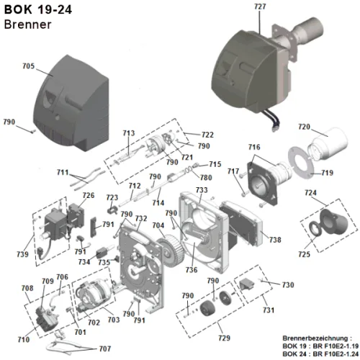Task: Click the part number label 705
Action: (x=29, y=66)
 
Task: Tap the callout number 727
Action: (x=260, y=6)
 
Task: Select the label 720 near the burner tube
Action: (x=304, y=127)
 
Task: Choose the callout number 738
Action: (x=275, y=240)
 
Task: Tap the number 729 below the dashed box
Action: (x=224, y=338)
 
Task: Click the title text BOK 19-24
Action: (x=38, y=9)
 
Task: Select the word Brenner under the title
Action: (x=27, y=24)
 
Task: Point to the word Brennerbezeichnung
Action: (x=315, y=338)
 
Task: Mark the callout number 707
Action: (x=105, y=348)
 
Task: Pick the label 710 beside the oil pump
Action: (x=24, y=339)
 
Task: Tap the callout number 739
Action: (x=22, y=254)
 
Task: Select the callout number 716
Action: (x=254, y=147)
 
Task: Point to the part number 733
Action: (x=202, y=190)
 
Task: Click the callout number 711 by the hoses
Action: (x=63, y=172)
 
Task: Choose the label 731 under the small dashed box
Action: (x=269, y=310)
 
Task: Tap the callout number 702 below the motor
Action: (x=94, y=323)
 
